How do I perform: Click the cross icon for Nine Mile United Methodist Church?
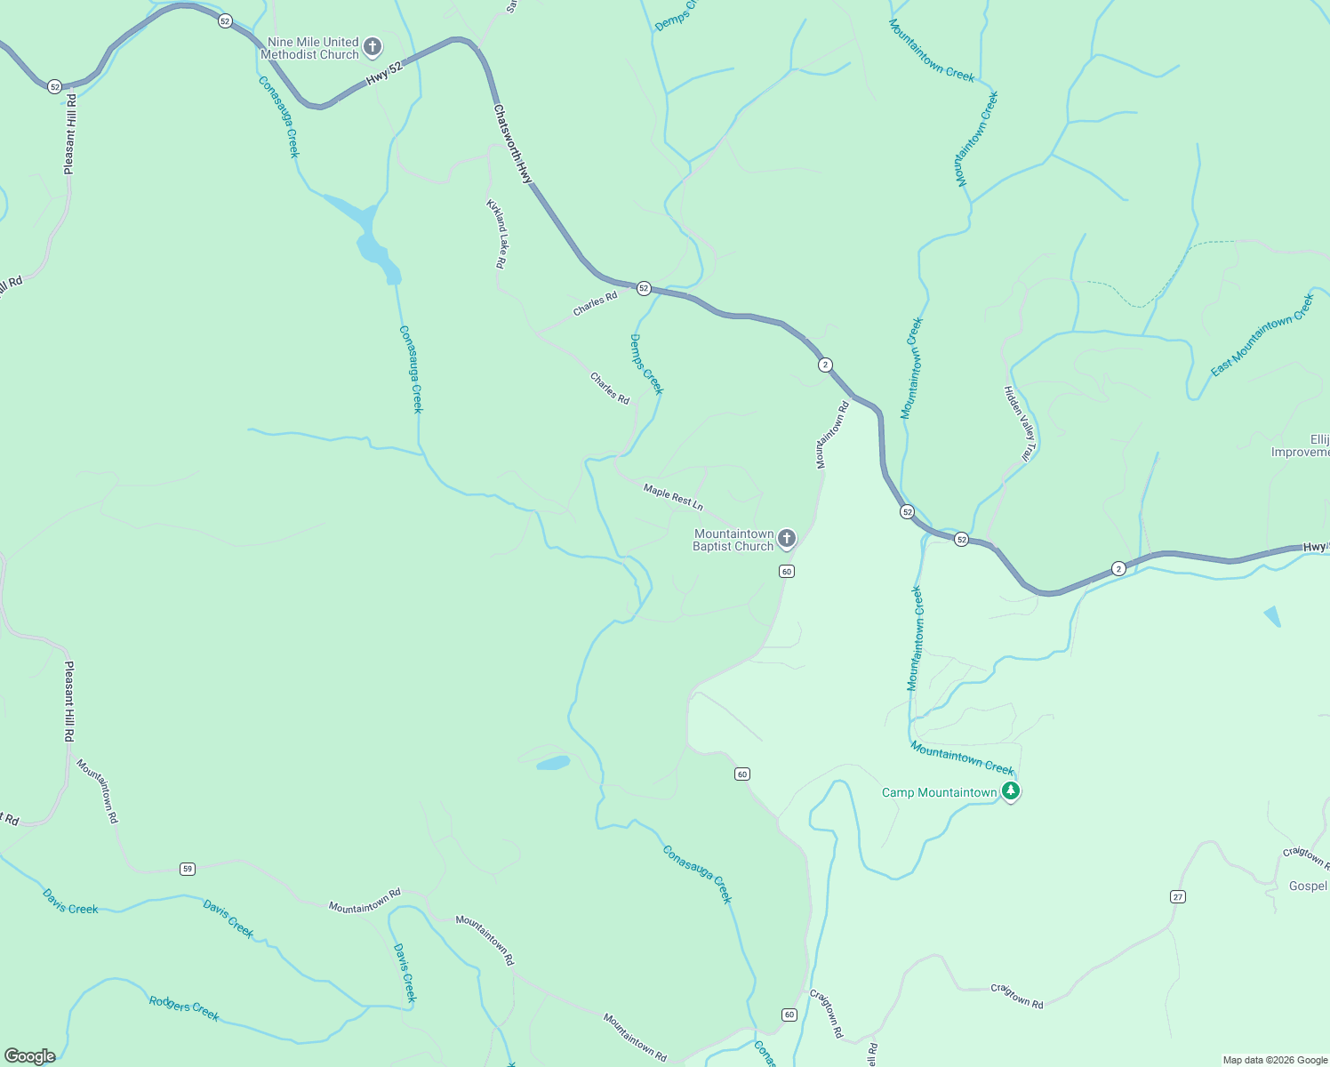(373, 46)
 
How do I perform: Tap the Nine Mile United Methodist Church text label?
(309, 48)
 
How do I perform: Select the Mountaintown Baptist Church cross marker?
(786, 538)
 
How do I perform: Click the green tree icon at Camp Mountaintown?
(1010, 790)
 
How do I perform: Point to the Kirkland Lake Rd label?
(496, 233)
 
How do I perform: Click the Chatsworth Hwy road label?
(513, 144)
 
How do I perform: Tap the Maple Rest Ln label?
(673, 497)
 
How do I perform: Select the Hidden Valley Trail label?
(1019, 422)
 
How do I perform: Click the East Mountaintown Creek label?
(1262, 334)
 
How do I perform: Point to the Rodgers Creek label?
(184, 1008)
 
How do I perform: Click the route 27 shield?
(1178, 896)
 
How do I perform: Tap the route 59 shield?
(187, 869)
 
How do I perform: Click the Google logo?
(30, 1056)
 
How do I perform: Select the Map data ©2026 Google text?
(1274, 1060)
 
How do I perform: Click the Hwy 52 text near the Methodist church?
(383, 75)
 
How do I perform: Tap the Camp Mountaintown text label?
(939, 792)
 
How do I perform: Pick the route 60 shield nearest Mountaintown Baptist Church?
(787, 571)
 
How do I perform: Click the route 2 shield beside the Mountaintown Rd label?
(825, 365)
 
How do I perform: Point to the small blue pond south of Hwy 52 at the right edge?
(1272, 615)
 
